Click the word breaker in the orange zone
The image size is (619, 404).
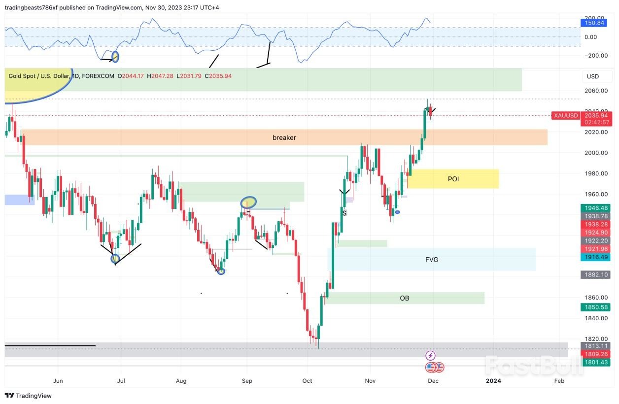point(284,137)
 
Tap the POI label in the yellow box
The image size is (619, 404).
point(453,179)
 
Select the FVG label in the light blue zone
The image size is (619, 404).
point(432,260)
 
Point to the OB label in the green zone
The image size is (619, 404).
point(404,298)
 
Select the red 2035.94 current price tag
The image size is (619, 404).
point(596,115)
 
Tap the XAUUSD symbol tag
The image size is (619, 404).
point(565,115)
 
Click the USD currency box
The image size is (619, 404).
point(592,76)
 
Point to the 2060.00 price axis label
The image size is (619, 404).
point(595,91)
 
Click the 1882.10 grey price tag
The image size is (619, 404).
point(596,274)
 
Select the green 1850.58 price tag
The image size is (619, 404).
point(596,307)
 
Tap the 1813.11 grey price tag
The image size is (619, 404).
point(596,346)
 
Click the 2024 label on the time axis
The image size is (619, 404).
point(493,381)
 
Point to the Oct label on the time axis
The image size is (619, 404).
point(307,381)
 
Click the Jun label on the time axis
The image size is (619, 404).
point(58,381)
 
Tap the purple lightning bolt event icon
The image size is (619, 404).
point(430,355)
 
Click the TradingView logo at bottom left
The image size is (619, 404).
point(28,396)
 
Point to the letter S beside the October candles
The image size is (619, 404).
point(344,213)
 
